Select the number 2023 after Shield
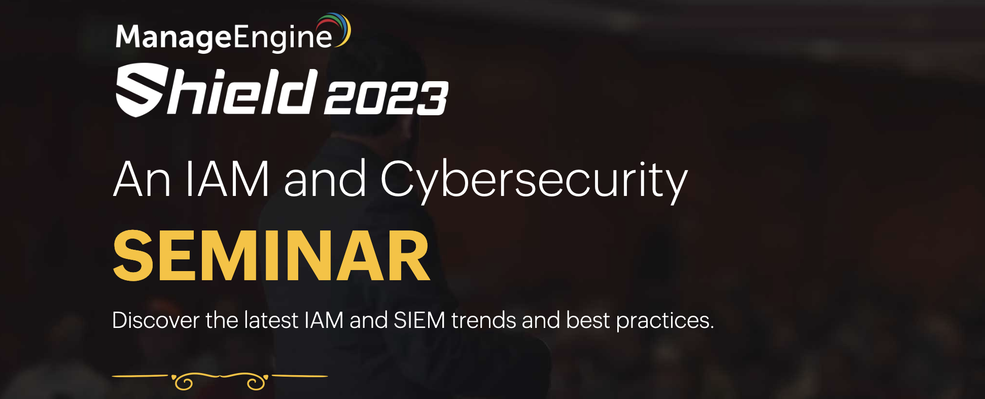(x=385, y=98)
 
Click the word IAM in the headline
(x=226, y=179)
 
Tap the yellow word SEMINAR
(x=271, y=255)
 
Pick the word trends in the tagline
(x=484, y=320)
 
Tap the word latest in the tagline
(x=271, y=320)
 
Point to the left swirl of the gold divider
(x=184, y=382)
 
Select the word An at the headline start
(x=142, y=179)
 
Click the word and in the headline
(x=325, y=179)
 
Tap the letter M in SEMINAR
(x=242, y=255)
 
